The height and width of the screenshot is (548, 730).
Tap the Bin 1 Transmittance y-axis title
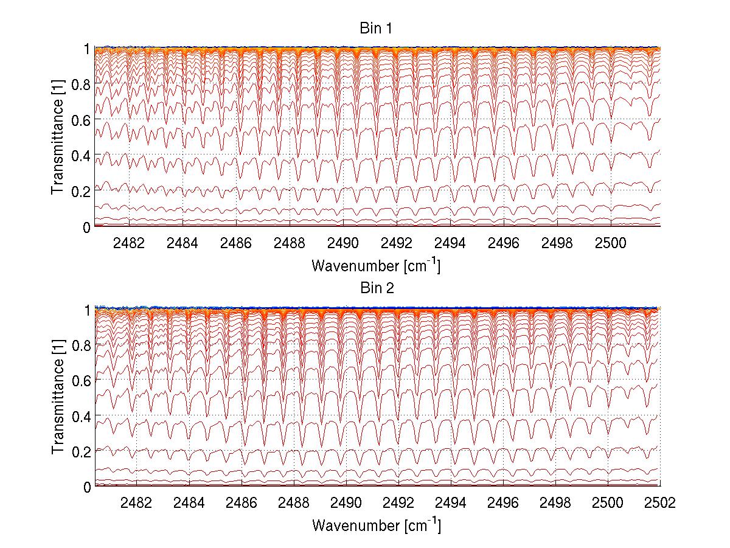[58, 136]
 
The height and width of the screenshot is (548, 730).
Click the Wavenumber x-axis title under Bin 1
[376, 265]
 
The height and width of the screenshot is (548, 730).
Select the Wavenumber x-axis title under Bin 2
[376, 525]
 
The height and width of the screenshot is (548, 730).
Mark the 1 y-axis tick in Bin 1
[87, 49]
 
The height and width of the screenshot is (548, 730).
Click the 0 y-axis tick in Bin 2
[87, 487]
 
